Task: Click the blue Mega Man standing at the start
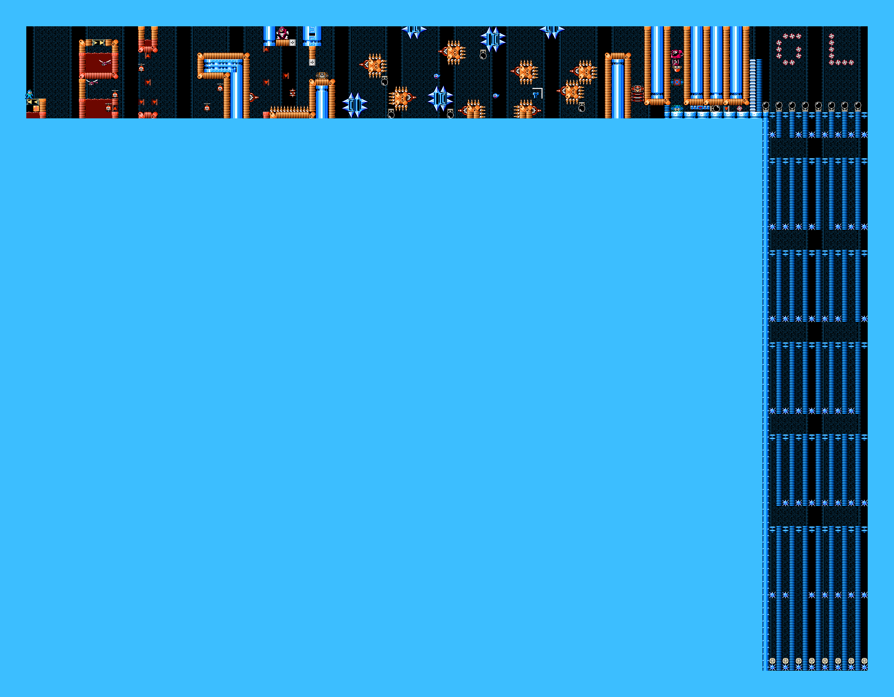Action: click(30, 94)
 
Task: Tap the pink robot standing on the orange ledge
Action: click(281, 33)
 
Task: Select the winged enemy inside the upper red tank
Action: click(105, 62)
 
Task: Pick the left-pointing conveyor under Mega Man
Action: click(33, 102)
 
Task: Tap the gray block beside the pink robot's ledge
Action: click(292, 42)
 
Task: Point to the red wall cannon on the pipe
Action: click(252, 97)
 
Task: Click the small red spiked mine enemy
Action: click(292, 93)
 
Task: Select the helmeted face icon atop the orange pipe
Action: click(322, 76)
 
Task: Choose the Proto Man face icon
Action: click(637, 88)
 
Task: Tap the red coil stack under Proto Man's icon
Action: click(637, 97)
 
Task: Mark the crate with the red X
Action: click(677, 82)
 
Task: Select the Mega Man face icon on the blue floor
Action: click(677, 108)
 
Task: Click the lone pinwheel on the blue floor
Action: click(740, 108)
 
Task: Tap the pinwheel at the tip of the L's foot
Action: click(851, 62)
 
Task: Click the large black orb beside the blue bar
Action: click(716, 108)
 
